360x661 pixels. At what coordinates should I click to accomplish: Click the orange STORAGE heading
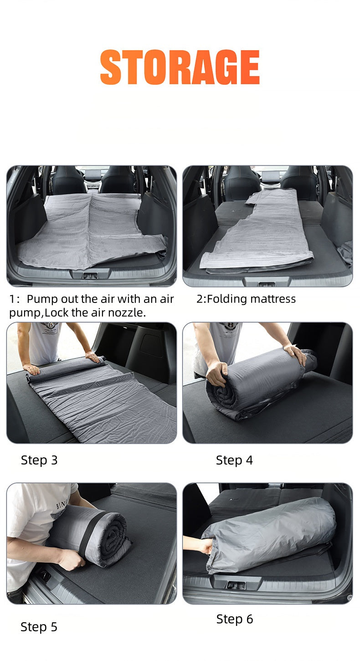pos(180,67)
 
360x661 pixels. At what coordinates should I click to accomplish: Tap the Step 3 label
pos(39,460)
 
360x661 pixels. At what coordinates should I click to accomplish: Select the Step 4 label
pos(234,460)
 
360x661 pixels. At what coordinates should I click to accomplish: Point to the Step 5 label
pos(39,627)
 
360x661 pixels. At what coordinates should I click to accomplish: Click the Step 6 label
pos(234,619)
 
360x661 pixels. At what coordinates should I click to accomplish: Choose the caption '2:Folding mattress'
pos(246,299)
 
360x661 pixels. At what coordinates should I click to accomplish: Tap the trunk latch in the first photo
pos(90,276)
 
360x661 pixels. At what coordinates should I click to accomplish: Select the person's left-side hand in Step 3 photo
pos(32,369)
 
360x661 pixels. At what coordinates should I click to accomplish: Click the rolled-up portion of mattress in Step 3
pos(64,367)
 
